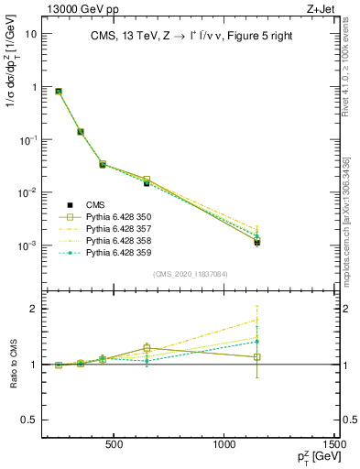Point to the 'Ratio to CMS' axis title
tap(12, 366)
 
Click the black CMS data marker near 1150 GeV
tap(257, 243)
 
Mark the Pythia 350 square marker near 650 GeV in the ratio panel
tap(147, 348)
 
